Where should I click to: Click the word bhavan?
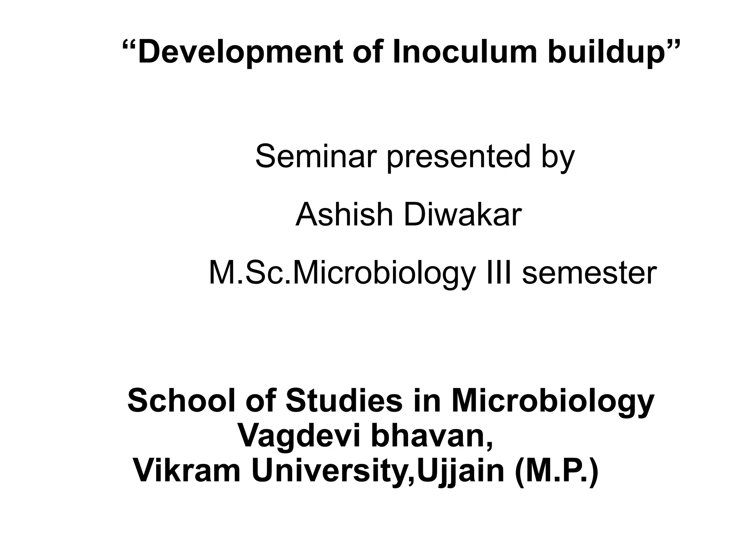point(432,436)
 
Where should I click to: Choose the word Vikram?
point(187,471)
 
